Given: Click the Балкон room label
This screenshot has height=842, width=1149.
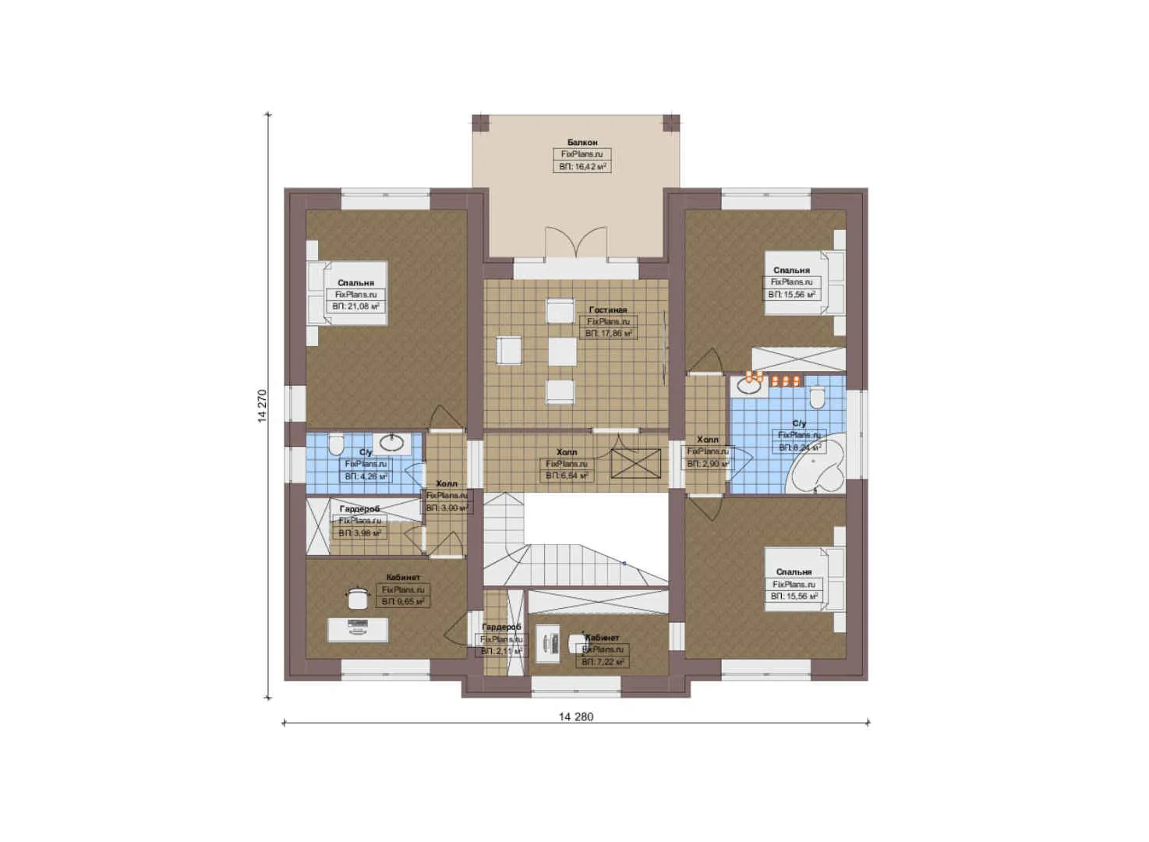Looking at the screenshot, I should pos(582,143).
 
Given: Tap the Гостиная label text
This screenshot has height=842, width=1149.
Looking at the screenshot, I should pos(608,310).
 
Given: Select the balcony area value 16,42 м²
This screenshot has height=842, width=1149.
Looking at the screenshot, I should pos(582,167).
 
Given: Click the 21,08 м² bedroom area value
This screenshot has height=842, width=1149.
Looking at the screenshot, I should pos(356,307).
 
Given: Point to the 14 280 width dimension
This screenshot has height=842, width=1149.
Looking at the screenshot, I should pos(576,716).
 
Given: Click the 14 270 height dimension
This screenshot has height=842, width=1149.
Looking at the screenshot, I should pos(263,405).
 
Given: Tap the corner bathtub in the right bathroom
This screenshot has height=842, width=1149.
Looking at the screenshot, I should pos(817,469).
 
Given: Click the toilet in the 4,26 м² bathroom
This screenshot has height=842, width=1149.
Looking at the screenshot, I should pos(336,445).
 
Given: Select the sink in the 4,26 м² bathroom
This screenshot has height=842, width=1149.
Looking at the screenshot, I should pos(391,444).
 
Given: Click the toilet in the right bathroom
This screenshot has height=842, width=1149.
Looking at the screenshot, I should pos(817,398).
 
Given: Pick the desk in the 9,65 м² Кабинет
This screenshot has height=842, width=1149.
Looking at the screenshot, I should pos(357,629).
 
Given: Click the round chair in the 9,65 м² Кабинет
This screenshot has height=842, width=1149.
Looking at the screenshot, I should pos(358,598).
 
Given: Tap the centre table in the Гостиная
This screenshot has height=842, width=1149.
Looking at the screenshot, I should pos(562,352).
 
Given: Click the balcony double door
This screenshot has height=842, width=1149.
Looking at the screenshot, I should pos(576,241).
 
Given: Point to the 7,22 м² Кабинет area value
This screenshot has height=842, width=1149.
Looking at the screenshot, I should pos(603,662).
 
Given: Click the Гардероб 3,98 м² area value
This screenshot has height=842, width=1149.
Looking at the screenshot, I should pos(359,533).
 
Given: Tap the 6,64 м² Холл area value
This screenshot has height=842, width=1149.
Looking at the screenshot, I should pos(567,476).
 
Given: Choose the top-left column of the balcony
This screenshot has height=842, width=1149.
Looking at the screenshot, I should pos(480,123).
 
